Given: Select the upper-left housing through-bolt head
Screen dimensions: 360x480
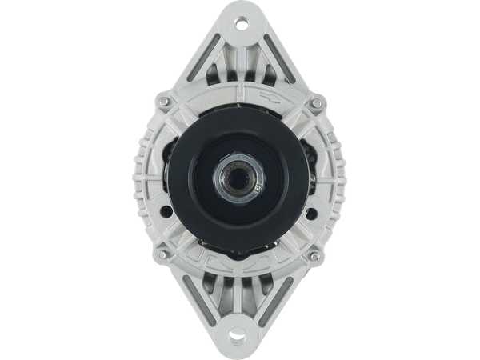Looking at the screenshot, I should coord(165,103).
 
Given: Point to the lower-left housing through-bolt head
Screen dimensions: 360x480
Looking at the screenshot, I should coord(164,256).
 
